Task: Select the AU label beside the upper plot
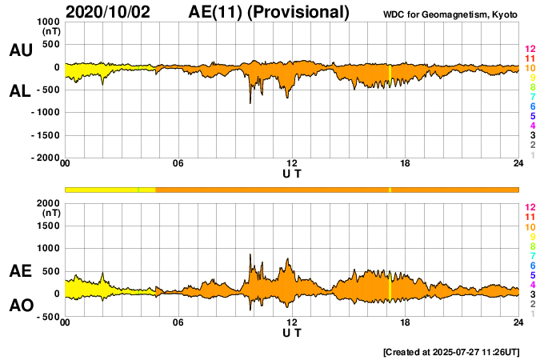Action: click(20, 50)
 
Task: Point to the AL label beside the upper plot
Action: click(20, 91)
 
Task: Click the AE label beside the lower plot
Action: click(20, 272)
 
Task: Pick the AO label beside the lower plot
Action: click(20, 306)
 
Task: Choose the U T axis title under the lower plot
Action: click(292, 333)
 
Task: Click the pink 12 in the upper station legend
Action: click(530, 49)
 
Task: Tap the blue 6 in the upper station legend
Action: click(532, 106)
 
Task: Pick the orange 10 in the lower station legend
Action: click(530, 226)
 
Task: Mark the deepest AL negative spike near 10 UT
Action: click(250, 103)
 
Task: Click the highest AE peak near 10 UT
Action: click(250, 254)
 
